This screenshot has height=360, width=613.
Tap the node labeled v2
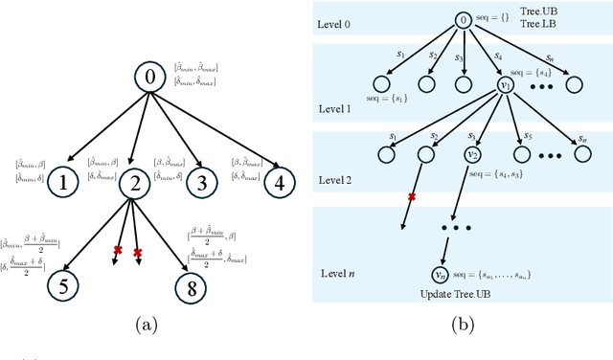[x=471, y=153]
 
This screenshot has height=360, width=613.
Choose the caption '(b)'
[x=463, y=326]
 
